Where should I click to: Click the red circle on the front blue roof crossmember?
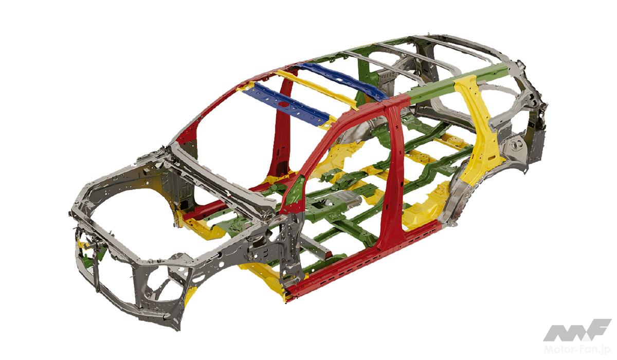click(x=283, y=104)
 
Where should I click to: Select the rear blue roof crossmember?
click(x=341, y=81)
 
